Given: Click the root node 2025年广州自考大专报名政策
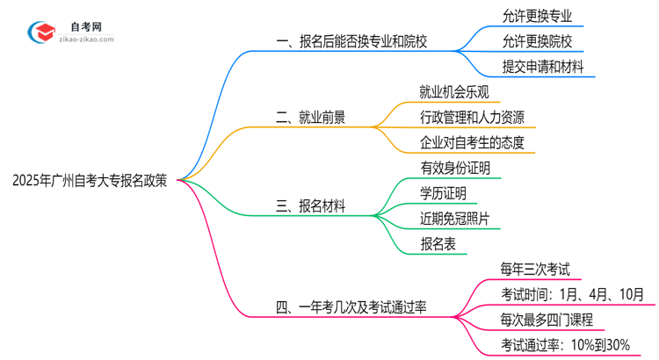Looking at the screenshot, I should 92,181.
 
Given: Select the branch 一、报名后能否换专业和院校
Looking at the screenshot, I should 365,41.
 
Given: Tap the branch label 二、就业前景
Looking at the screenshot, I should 310,117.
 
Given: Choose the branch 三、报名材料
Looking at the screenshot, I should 310,206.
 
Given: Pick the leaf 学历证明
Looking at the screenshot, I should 444,193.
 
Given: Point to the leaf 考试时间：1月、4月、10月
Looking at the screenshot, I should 572,294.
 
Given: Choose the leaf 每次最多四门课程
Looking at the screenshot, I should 547,320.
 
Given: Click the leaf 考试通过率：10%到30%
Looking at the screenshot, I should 566,345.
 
